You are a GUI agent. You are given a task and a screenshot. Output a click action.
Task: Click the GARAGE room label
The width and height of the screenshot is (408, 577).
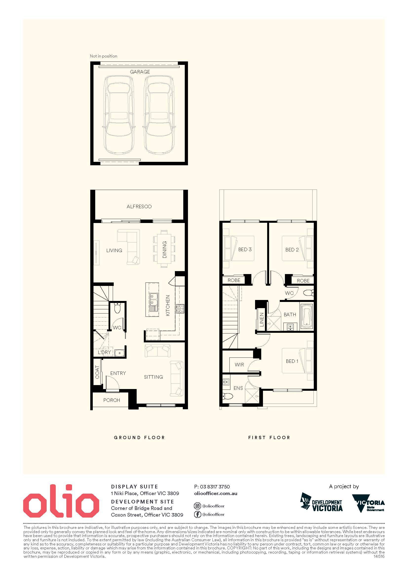click(x=140, y=72)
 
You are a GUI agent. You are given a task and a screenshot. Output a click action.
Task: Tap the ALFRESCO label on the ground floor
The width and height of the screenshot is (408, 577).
click(x=139, y=206)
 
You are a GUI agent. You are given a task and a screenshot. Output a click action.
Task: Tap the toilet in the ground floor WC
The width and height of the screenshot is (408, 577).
click(x=117, y=308)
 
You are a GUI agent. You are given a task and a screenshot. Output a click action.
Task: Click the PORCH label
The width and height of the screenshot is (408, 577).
click(x=111, y=400)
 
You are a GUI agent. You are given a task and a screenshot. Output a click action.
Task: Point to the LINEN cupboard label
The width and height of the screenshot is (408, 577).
click(x=261, y=320)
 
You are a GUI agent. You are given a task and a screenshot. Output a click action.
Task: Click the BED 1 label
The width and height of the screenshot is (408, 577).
click(x=292, y=361)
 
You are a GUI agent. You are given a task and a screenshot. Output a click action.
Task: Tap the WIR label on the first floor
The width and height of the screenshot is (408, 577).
click(x=239, y=365)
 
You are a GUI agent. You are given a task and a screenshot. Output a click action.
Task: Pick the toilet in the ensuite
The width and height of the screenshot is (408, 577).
click(x=228, y=396)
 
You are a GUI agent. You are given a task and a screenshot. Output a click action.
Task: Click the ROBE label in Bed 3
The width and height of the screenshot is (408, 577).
click(x=234, y=280)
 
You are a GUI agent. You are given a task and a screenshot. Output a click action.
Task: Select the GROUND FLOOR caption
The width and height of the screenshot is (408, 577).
click(x=139, y=438)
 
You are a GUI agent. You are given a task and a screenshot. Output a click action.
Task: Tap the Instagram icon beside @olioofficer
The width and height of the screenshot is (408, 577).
click(x=198, y=506)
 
